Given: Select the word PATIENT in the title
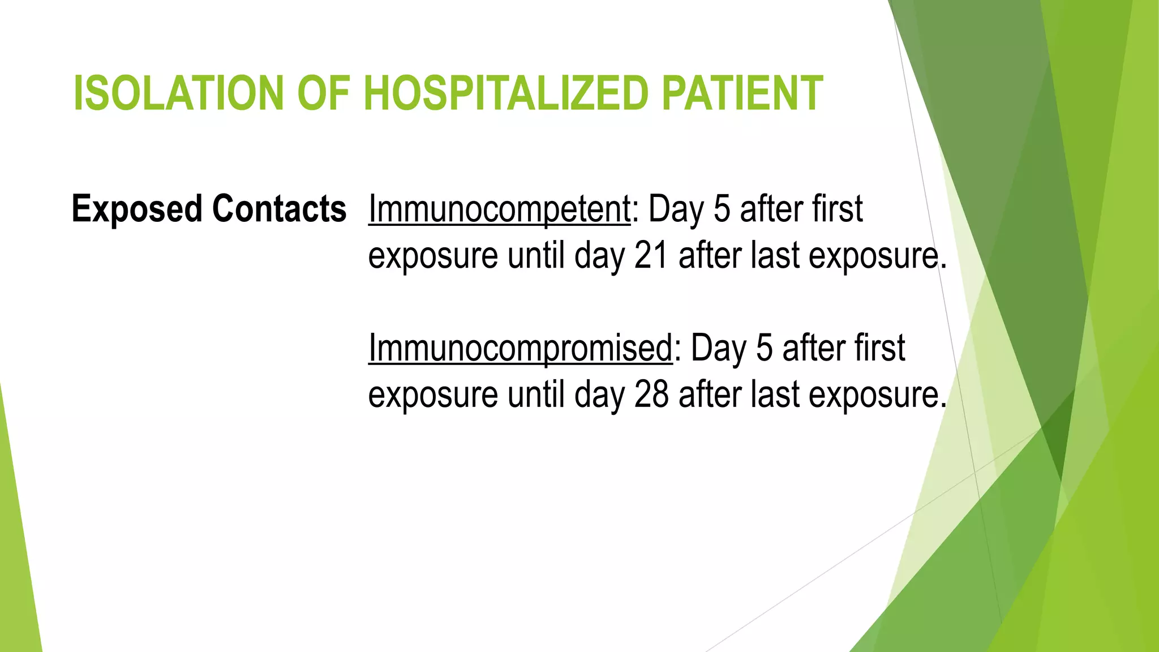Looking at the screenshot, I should pos(741,93).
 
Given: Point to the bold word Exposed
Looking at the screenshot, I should pos(137,209).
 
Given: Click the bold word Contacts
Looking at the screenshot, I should pos(279,209).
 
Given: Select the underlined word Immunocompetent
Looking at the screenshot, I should pos(499,209).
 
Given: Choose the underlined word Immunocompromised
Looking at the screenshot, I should pos(520,348).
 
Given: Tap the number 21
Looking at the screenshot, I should pos(651,256).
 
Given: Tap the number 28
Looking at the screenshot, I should pos(651,394).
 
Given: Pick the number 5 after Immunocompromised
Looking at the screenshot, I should pos(764,348).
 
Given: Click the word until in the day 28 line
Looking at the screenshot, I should pos(536,394).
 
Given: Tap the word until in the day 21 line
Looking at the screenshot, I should pos(536,256).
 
